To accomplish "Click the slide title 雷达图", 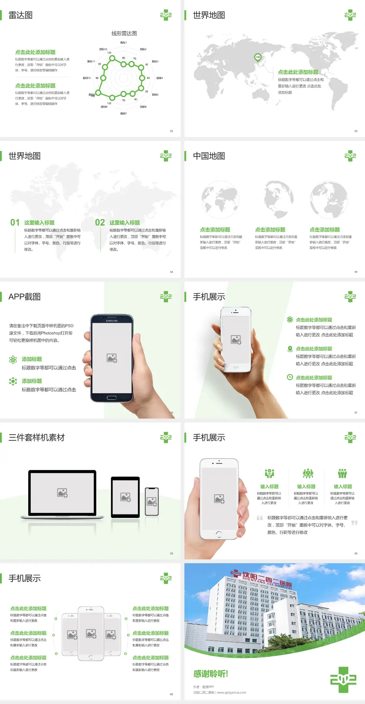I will (21, 15).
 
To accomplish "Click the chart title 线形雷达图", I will (124, 33).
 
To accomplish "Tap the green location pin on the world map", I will (258, 57).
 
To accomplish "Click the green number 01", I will (15, 223).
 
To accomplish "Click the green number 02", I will (100, 223).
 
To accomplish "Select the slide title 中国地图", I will (209, 156).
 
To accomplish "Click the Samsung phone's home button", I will (111, 398).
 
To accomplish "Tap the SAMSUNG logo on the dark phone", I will (112, 321).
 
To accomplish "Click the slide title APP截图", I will (25, 297).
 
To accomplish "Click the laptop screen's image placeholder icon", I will (62, 493).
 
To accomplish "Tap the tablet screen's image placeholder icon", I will (125, 497).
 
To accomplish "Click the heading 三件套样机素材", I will (36, 438).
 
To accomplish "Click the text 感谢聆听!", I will (211, 674).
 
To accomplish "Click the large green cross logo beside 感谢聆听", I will (343, 680).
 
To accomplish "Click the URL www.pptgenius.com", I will (232, 693).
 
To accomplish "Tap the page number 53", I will (356, 131).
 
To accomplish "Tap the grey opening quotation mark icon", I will (260, 518).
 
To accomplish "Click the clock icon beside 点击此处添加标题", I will (290, 377).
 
